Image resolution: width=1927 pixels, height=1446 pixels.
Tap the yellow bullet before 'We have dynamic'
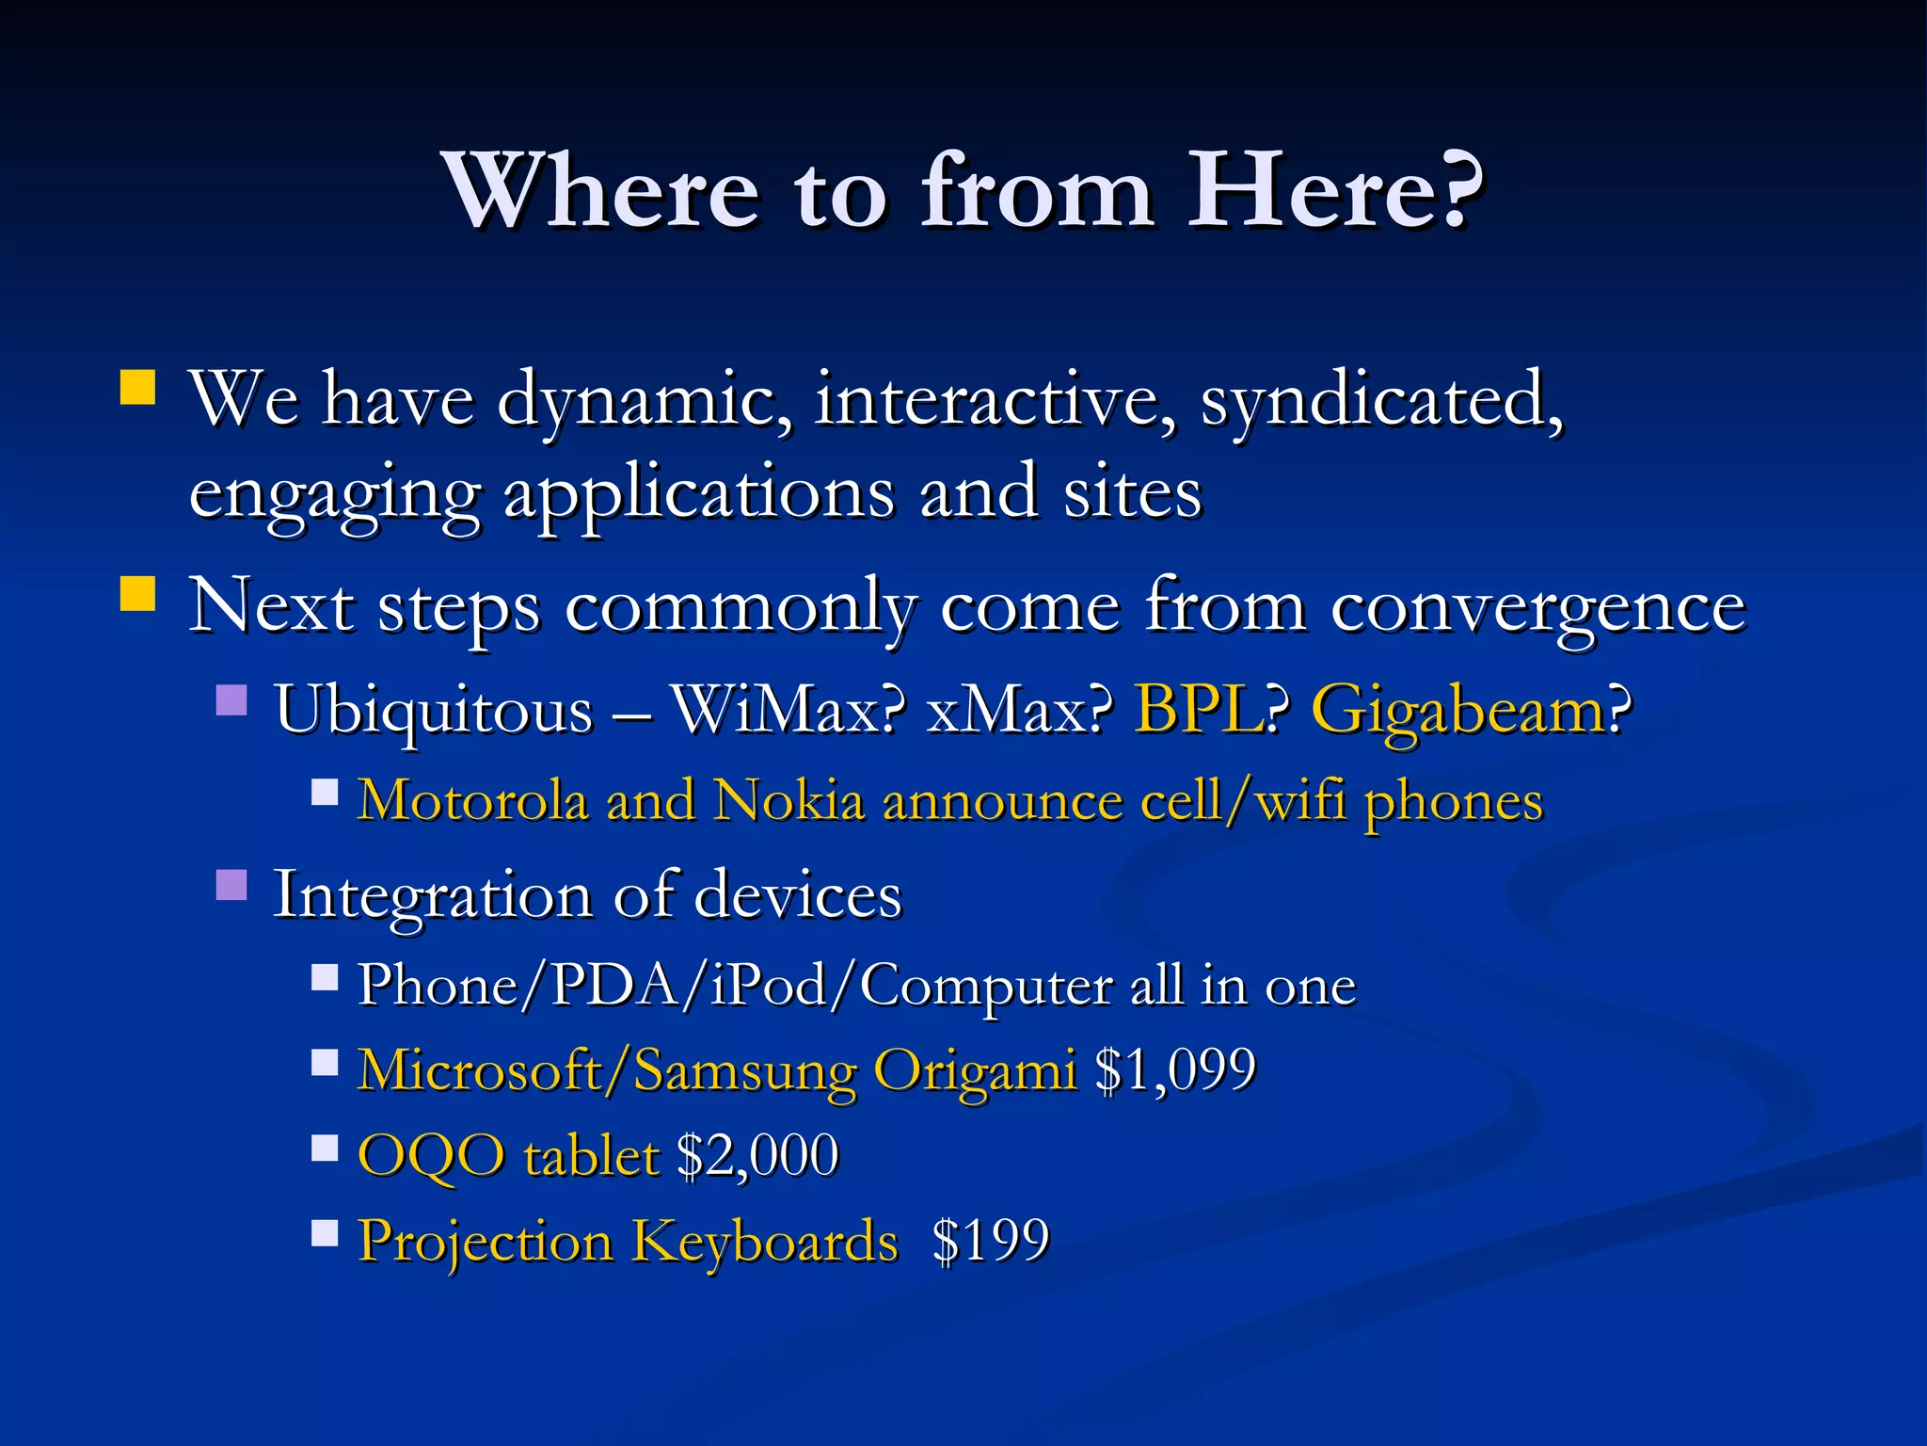(x=138, y=387)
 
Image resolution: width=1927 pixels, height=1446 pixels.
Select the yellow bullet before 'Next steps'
(x=138, y=594)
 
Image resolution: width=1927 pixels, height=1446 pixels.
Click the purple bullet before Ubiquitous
(x=231, y=700)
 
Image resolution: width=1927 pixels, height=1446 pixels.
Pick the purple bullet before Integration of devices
(x=231, y=885)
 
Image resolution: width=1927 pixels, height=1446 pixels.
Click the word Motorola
(x=473, y=802)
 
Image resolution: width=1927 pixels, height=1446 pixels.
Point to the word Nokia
(x=788, y=802)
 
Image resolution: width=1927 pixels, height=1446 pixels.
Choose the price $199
(x=990, y=1241)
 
